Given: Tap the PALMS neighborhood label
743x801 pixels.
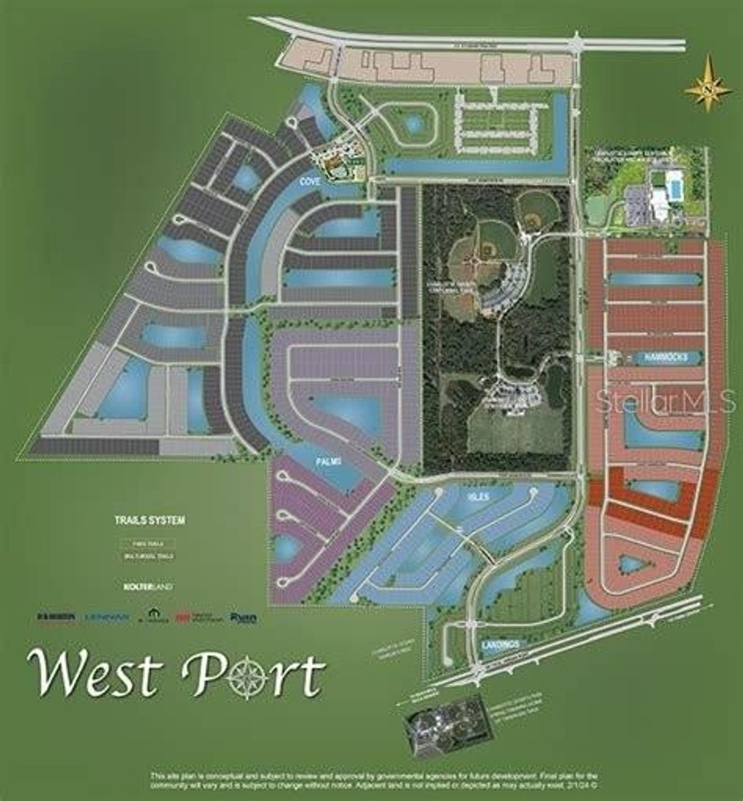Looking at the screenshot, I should [x=327, y=461].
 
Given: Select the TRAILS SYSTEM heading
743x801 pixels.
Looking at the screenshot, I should [x=149, y=520].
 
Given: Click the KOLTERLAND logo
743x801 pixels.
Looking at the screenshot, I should [x=142, y=586].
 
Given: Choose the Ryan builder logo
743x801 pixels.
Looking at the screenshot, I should [x=243, y=617].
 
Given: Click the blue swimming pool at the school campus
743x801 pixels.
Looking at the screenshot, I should [x=673, y=187].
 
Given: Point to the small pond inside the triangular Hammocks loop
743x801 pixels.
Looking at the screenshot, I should [x=631, y=563].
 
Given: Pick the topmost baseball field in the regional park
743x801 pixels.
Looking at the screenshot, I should [x=538, y=209].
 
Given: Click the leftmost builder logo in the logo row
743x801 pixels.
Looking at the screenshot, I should [x=55, y=617].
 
